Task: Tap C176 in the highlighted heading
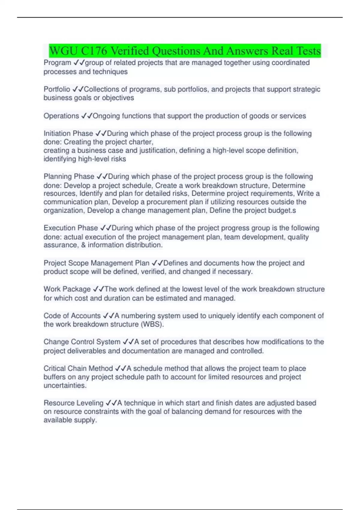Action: click(x=94, y=51)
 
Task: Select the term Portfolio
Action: click(x=57, y=89)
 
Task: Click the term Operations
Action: click(x=61, y=116)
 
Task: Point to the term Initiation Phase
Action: click(x=68, y=133)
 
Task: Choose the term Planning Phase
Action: click(x=69, y=176)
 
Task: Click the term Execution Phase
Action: click(x=71, y=228)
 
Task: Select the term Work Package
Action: click(x=67, y=289)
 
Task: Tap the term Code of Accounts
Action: click(x=72, y=316)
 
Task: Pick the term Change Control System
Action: click(x=82, y=342)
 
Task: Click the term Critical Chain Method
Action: click(x=78, y=368)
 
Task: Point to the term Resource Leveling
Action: click(x=73, y=403)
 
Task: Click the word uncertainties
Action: click(x=65, y=385)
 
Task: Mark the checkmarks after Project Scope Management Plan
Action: click(x=157, y=263)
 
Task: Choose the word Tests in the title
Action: click(x=308, y=51)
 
